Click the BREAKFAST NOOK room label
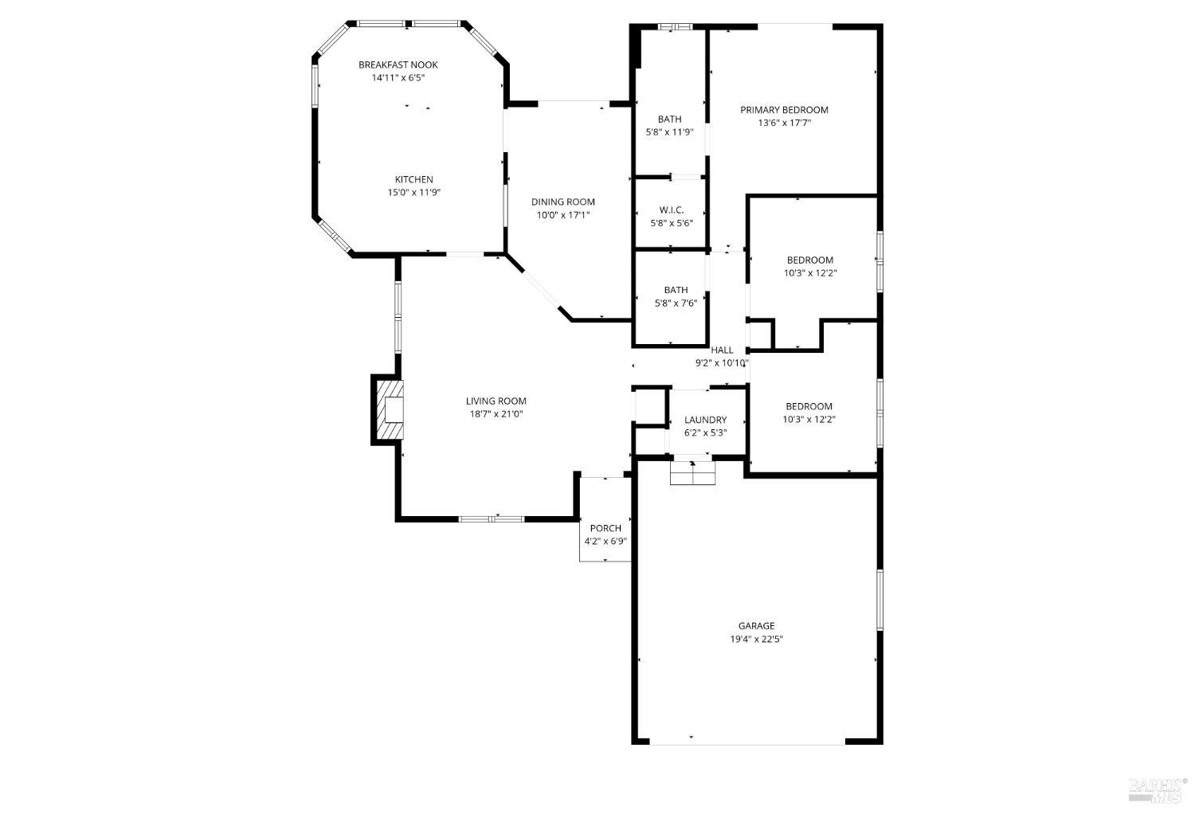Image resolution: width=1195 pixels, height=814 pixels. (x=398, y=65)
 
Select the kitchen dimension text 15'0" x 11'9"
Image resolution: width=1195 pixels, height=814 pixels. (x=413, y=193)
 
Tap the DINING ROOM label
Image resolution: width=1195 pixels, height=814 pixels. (x=562, y=202)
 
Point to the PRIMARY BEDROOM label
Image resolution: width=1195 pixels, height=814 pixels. (x=784, y=111)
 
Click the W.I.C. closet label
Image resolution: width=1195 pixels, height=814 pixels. (x=671, y=210)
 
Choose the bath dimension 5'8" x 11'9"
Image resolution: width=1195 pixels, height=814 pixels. (x=669, y=132)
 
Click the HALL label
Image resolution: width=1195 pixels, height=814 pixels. (x=722, y=350)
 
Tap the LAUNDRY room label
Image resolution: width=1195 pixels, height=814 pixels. (x=705, y=421)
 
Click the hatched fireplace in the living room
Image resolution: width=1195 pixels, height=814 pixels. (x=388, y=409)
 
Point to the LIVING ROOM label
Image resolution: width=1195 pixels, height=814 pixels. (x=496, y=401)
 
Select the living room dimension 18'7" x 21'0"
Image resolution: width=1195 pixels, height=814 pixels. (x=496, y=414)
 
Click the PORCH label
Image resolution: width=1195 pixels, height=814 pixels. (x=605, y=529)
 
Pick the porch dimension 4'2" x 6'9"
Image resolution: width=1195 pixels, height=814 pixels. (x=605, y=542)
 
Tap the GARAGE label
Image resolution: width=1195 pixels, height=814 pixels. (x=756, y=626)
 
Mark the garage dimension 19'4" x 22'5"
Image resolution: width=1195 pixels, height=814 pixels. (x=756, y=639)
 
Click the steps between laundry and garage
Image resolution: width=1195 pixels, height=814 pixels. (x=693, y=473)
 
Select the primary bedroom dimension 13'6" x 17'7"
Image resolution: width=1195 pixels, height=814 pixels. (x=784, y=123)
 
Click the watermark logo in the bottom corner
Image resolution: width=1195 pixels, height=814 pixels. (x=1158, y=789)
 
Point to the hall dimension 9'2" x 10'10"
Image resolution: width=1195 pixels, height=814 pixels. (x=722, y=363)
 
